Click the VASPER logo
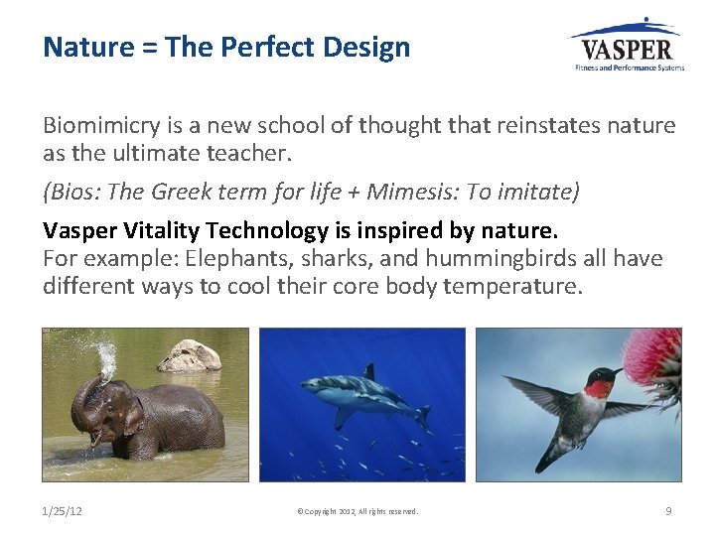pos(626,46)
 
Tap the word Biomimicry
pos(93,126)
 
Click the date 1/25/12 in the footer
pos(62,511)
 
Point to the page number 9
pos(668,511)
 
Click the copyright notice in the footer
pos(357,512)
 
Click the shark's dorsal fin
pos(369,372)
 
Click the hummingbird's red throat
pos(598,388)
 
